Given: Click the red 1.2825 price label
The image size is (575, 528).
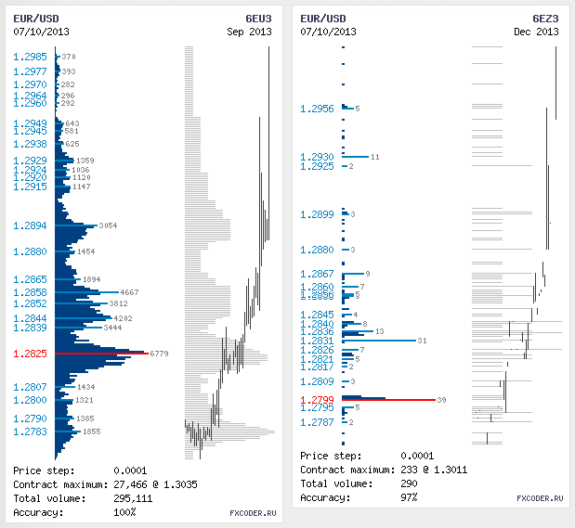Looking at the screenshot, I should point(30,354).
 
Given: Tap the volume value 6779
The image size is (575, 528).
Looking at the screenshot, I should point(158,354).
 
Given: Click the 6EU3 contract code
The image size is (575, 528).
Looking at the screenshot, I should point(258,19).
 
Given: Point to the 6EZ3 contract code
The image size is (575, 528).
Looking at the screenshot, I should point(545,19).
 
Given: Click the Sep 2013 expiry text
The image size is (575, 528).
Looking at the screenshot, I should point(250,32).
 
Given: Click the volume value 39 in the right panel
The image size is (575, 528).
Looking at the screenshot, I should point(441,400).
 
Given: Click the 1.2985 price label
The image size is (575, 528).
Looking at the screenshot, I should point(30,57).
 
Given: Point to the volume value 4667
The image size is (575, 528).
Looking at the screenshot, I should point(130,292).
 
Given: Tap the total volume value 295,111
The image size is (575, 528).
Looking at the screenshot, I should point(133,498).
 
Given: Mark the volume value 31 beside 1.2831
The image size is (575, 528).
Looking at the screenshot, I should point(423,341).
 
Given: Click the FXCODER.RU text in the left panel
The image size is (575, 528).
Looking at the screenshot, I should point(253,512).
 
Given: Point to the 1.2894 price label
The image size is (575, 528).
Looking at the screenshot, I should point(30,225).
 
